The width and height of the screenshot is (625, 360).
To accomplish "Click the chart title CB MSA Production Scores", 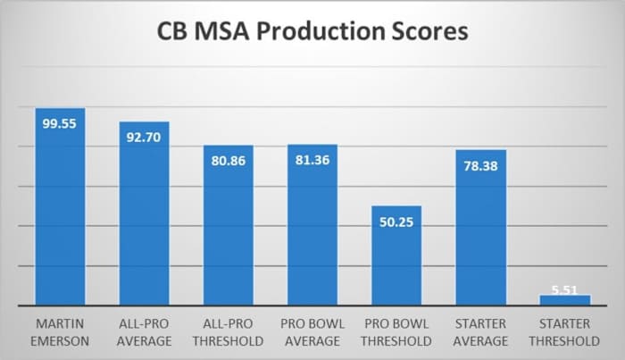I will coord(312,34).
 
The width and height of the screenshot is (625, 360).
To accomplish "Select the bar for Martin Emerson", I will coord(60,214).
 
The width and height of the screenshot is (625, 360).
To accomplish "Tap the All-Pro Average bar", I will coord(144,223).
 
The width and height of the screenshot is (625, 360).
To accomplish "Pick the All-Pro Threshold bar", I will coord(229,232).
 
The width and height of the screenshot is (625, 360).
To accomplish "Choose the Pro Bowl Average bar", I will coord(312,232).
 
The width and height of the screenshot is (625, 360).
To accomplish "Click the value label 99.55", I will coord(60,124).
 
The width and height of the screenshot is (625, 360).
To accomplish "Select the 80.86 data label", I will coord(229,161).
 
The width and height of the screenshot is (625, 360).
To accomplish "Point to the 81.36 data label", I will coord(312,160).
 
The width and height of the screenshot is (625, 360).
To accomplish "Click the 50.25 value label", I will coord(396,222).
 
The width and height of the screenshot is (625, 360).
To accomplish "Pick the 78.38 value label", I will coord(480,166).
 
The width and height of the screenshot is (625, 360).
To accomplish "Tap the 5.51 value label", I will coord(565,290).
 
